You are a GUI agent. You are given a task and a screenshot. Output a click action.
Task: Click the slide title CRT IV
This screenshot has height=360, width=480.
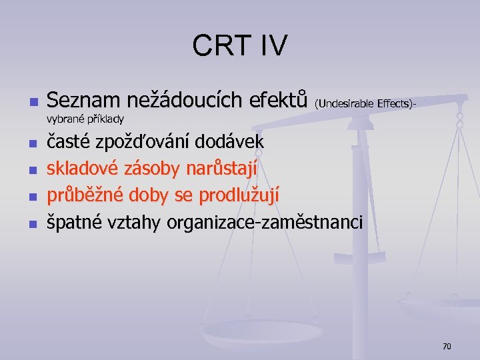click(240, 46)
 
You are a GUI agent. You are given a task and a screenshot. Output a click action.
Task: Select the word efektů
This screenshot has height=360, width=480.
click(277, 101)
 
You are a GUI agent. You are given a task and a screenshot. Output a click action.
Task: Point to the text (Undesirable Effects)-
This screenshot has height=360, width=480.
click(366, 103)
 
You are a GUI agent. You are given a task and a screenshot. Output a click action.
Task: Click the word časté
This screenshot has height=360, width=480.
click(69, 142)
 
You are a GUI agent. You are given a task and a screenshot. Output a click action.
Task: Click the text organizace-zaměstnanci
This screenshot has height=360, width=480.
click(265, 223)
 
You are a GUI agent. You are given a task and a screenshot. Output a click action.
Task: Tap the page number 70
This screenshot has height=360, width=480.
click(447, 346)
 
